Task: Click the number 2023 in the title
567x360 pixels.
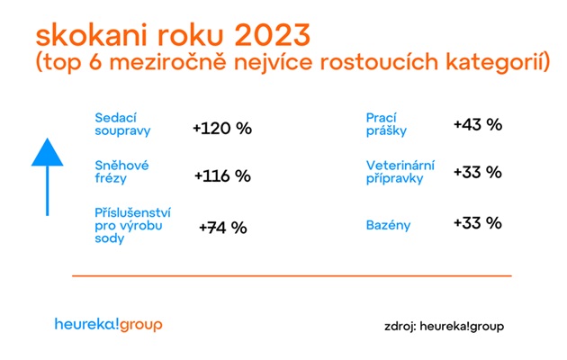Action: coord(273,35)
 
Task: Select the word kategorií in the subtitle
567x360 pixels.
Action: coord(498,61)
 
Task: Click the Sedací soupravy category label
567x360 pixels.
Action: coord(122,124)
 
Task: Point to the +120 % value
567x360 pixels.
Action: coord(222,129)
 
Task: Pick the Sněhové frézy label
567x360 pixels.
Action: coord(121,172)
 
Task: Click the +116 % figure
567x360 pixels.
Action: coord(222,176)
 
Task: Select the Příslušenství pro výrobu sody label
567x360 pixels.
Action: coord(132,225)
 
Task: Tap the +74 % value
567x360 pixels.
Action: coord(223,228)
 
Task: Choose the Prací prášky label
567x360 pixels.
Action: coord(386,124)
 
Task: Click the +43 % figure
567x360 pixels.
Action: coord(478,124)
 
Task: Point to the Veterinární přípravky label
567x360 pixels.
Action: coord(400,172)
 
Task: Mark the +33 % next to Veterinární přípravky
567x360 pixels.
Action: coord(478,172)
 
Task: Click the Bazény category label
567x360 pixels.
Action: coord(388,225)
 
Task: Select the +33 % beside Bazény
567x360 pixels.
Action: coord(478,222)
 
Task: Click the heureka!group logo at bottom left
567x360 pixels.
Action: coord(109,324)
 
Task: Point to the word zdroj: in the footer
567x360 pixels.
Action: coord(400,327)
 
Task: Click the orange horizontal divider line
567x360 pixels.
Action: coord(292,275)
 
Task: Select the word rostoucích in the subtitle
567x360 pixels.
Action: coord(380,61)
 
